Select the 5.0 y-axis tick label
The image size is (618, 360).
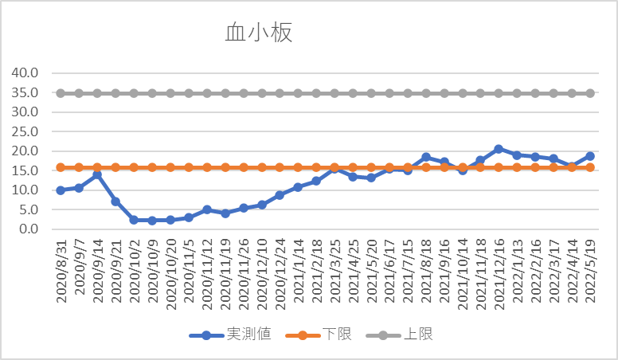point(29,209)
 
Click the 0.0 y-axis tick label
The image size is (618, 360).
point(29,229)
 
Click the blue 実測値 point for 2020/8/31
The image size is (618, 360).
point(61,190)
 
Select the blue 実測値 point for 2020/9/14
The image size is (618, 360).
point(97,174)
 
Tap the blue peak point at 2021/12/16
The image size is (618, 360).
point(499,149)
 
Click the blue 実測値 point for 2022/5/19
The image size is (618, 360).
point(590,156)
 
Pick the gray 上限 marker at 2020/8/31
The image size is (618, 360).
point(61,93)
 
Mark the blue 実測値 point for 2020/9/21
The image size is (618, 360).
point(115,202)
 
